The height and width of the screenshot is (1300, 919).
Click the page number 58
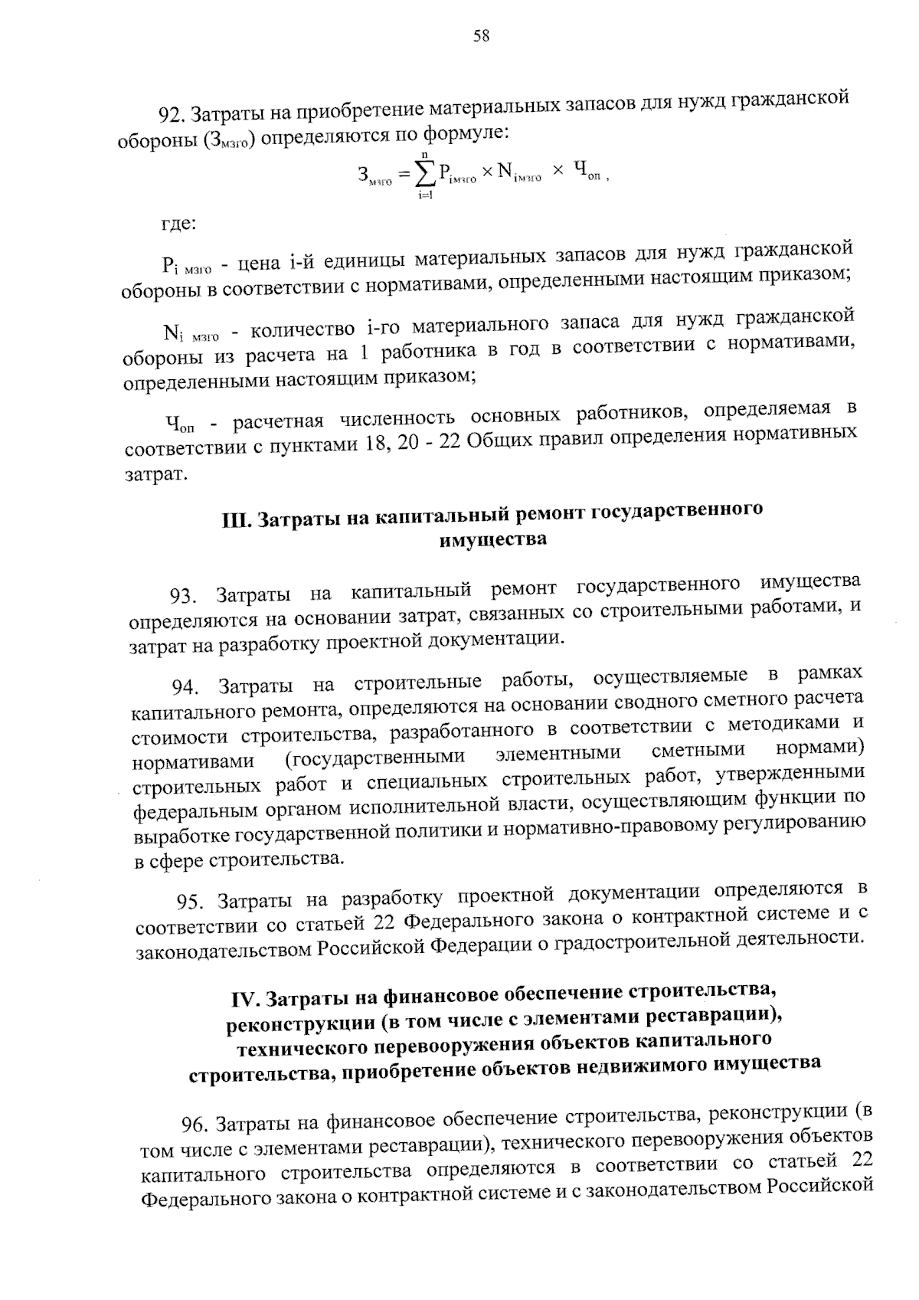pyautogui.click(x=482, y=36)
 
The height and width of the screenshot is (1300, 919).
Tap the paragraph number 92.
pyautogui.click(x=171, y=115)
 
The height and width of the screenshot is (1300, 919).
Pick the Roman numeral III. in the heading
pyautogui.click(x=234, y=522)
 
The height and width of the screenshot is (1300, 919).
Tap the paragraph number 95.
pyautogui.click(x=192, y=902)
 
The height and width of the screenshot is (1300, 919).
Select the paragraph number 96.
pyautogui.click(x=196, y=1125)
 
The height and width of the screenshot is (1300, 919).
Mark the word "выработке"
pyautogui.click(x=180, y=838)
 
